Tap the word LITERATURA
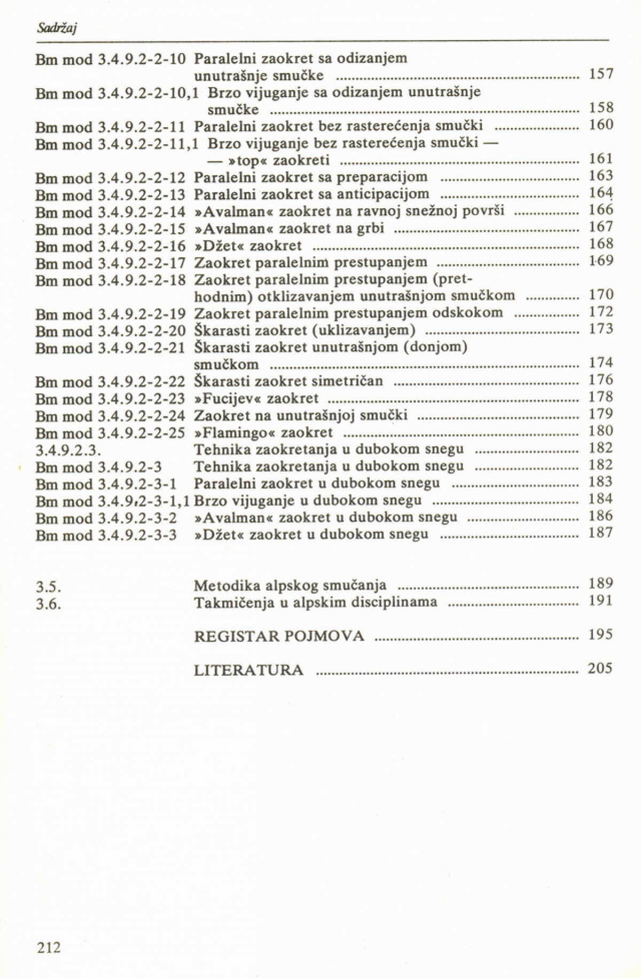tap(249, 670)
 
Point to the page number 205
tap(600, 668)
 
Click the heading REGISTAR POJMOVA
tap(279, 636)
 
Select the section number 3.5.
tap(46, 587)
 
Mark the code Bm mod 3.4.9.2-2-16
tap(110, 246)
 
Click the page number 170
tap(600, 295)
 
